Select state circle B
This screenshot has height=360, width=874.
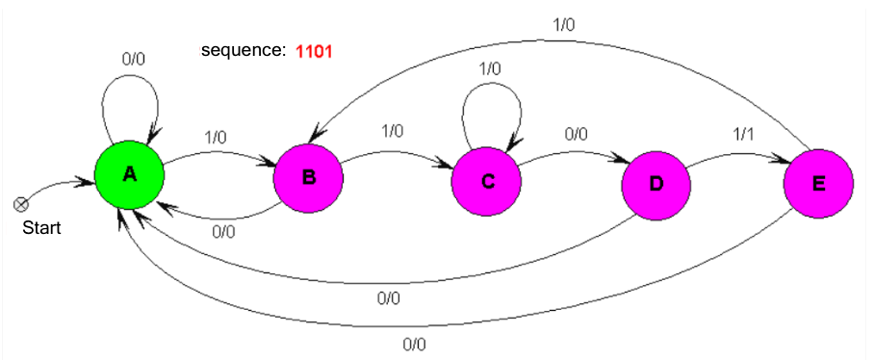309,176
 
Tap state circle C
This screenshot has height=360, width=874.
487,182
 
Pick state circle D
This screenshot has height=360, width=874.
656,185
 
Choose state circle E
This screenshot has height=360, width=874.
819,184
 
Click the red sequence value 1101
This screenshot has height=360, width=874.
314,50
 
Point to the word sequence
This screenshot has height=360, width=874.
243,50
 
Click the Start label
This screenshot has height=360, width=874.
42,228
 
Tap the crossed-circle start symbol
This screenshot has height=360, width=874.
19,203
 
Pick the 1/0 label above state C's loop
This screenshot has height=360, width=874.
490,68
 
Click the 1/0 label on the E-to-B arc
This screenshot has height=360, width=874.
563,24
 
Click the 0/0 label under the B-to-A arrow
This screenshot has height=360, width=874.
222,231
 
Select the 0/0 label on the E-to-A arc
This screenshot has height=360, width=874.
414,343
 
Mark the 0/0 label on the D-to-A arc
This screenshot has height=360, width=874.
389,298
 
